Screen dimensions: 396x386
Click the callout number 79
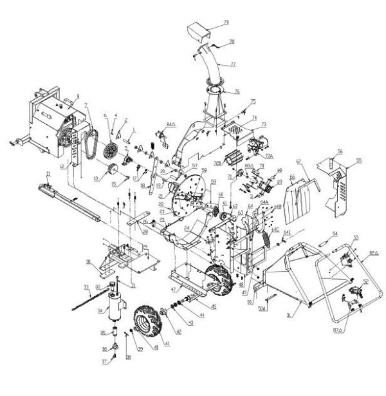[x=226, y=23]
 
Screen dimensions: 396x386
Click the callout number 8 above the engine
[x=77, y=96]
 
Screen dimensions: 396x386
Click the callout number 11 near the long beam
[x=47, y=174]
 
